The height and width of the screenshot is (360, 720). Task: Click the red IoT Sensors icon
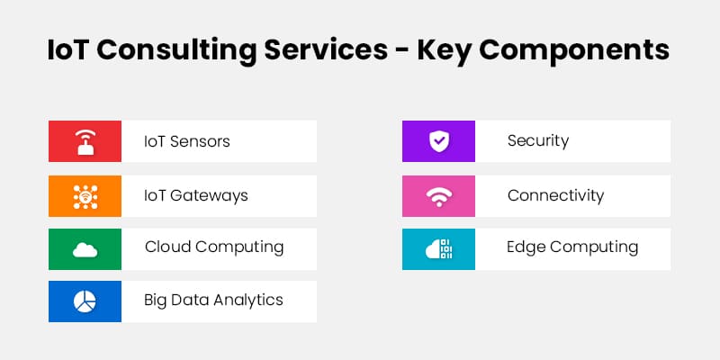click(85, 142)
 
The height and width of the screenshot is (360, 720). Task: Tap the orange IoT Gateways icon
click(85, 195)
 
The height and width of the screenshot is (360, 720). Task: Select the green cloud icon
click(85, 248)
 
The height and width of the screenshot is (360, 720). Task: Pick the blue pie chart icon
click(85, 301)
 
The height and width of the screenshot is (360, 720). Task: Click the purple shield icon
click(438, 141)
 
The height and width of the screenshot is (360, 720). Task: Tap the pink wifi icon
click(438, 195)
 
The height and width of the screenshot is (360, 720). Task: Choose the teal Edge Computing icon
click(438, 248)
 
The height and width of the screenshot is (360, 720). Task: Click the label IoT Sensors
click(187, 142)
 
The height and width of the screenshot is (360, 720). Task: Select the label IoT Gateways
click(196, 195)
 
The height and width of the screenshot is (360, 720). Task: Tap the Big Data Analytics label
click(214, 301)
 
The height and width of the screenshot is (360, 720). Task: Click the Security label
click(538, 141)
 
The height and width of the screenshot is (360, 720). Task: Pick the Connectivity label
click(555, 195)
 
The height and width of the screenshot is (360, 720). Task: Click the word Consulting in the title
click(180, 50)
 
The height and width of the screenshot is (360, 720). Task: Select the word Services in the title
click(329, 49)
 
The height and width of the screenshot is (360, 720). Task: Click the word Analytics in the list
click(249, 301)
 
